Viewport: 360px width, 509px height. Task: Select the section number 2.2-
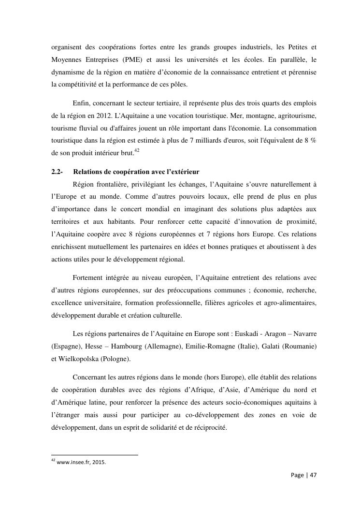pyautogui.click(x=58, y=172)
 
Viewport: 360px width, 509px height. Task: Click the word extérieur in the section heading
pyautogui.click(x=182, y=172)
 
